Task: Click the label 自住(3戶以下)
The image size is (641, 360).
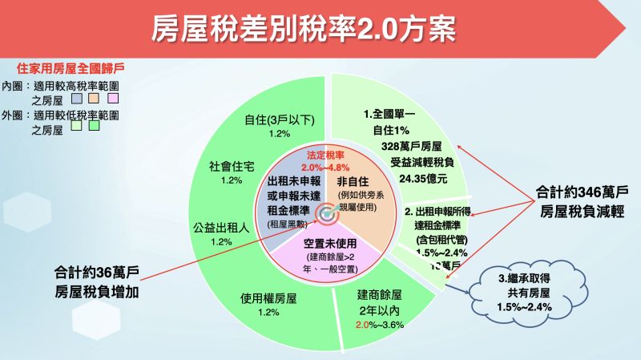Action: click(279, 120)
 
